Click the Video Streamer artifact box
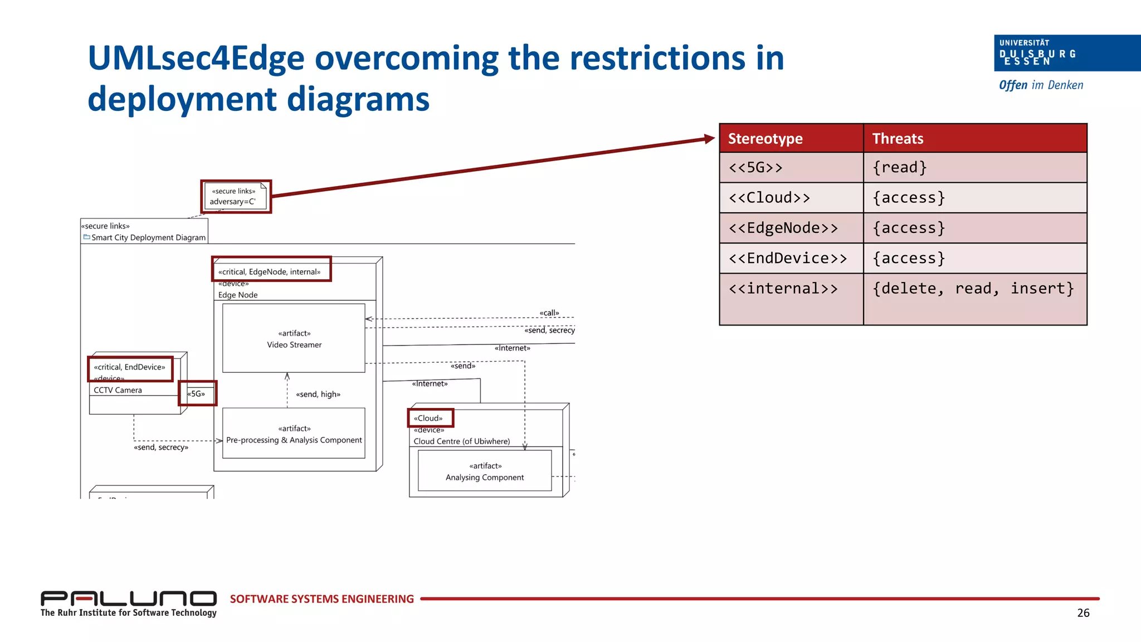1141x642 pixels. click(294, 338)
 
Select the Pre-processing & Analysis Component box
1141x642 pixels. click(294, 434)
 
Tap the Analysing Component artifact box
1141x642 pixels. click(485, 471)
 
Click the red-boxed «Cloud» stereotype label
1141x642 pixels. click(430, 418)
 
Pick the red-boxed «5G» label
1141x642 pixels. click(197, 393)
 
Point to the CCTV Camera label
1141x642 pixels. click(118, 390)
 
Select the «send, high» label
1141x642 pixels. click(318, 394)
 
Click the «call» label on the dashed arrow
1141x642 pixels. click(549, 313)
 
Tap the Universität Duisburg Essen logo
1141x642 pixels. click(1066, 53)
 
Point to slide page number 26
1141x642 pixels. click(1083, 613)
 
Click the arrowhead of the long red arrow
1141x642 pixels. click(710, 139)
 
